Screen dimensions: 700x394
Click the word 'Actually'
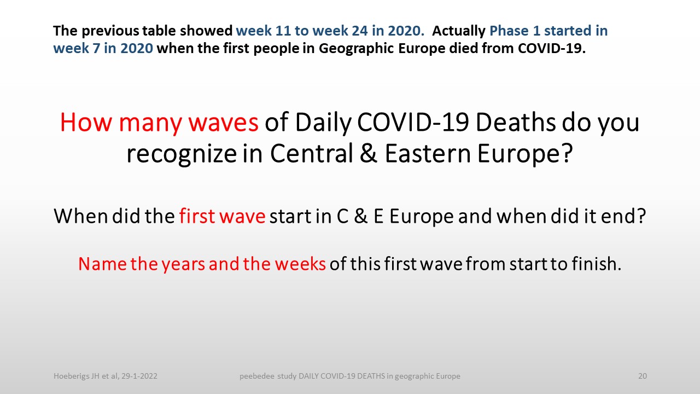(459, 31)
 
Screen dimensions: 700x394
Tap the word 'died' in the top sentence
(464, 48)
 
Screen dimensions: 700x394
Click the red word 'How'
(86, 122)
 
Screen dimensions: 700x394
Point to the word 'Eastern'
(428, 153)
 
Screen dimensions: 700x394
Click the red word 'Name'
(102, 264)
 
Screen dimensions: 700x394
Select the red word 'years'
(183, 265)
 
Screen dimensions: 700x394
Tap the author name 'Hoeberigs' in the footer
(71, 376)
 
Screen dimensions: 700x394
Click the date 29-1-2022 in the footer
(139, 376)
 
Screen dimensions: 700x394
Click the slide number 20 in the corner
(643, 376)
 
